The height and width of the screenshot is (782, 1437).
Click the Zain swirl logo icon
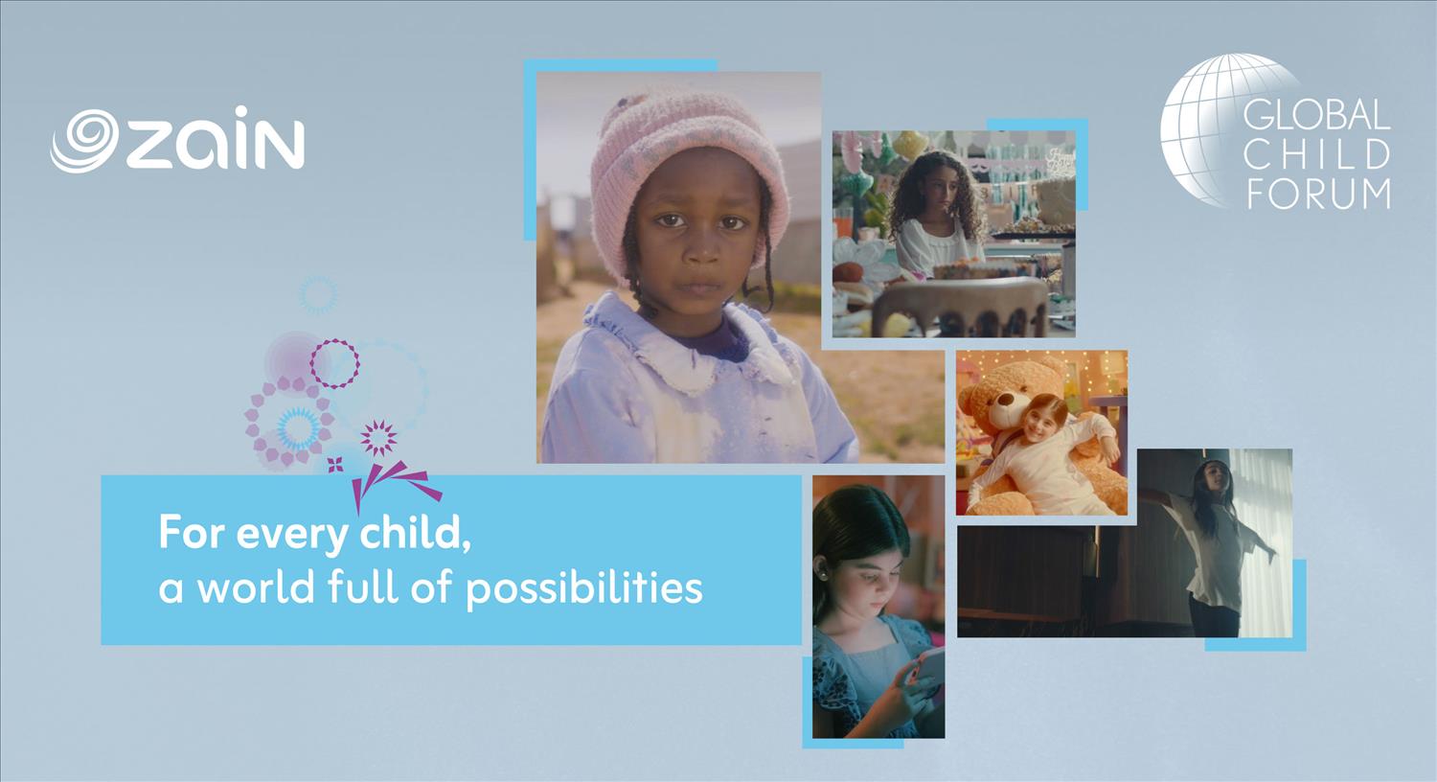tap(84, 141)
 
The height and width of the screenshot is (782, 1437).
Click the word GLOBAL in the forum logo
tap(1315, 115)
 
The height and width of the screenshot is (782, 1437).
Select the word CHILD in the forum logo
tap(1319, 155)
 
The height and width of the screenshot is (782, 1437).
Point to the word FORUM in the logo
tap(1319, 194)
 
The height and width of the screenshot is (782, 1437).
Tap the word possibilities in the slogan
tap(584, 588)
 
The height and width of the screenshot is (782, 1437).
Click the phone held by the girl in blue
tap(927, 672)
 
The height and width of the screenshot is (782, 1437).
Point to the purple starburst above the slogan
tap(378, 438)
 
